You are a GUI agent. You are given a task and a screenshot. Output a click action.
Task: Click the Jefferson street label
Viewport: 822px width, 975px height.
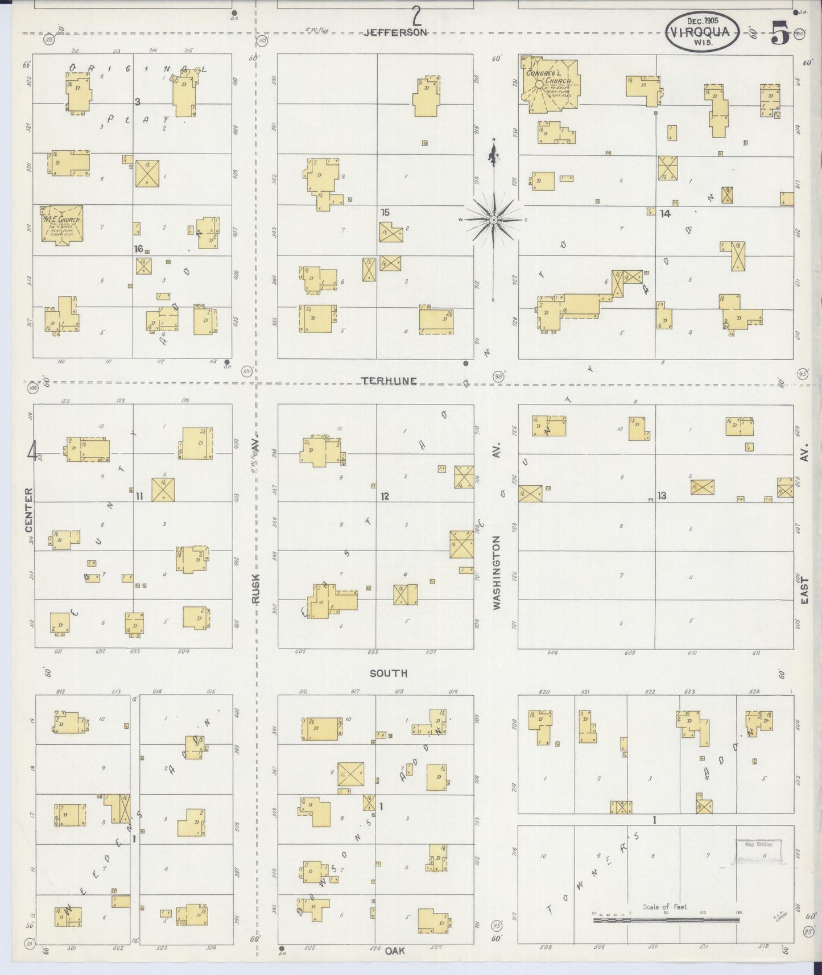[395, 33]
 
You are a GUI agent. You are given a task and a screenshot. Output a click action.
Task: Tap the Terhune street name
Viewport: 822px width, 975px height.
[389, 381]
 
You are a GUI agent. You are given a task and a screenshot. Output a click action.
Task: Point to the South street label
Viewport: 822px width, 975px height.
[389, 673]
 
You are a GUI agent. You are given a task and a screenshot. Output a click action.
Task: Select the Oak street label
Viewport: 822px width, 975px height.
[394, 951]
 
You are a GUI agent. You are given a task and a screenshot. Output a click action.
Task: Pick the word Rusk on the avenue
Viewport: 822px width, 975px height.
[256, 588]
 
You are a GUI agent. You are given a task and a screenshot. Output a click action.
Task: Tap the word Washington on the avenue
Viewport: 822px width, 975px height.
[497, 573]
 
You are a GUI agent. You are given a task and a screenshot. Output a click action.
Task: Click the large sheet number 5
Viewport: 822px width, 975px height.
[780, 35]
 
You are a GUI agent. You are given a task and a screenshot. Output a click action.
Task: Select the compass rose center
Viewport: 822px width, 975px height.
[494, 220]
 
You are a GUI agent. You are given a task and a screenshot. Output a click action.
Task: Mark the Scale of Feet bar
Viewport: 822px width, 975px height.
[666, 919]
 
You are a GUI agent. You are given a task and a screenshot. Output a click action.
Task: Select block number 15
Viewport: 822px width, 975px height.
[385, 212]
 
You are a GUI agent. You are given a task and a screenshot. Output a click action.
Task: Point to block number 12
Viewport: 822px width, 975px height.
[385, 496]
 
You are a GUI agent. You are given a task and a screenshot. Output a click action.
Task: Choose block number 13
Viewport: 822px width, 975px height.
[662, 495]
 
